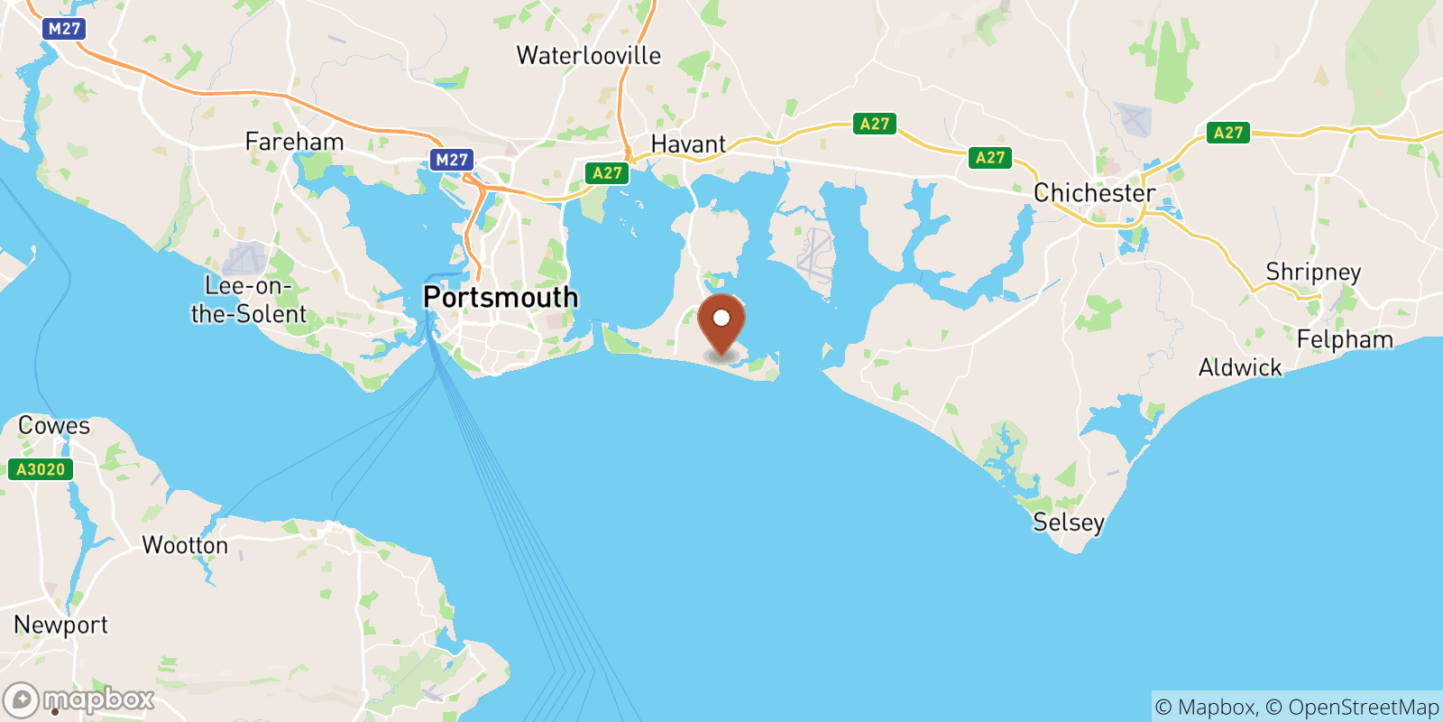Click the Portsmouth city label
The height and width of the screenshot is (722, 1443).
point(501,297)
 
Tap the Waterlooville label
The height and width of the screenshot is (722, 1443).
point(588,56)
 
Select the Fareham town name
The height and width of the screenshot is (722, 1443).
point(294,142)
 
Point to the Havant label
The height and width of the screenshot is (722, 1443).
point(688,144)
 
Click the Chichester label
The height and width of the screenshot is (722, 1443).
point(1094,193)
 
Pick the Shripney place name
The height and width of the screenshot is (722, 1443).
point(1313,272)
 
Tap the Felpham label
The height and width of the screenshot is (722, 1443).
point(1345,339)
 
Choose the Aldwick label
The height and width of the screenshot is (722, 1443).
point(1240,367)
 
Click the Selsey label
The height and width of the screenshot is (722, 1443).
point(1069,523)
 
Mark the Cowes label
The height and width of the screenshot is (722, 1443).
point(54,425)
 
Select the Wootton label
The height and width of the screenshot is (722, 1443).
point(185,545)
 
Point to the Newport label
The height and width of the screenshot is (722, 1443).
point(60,625)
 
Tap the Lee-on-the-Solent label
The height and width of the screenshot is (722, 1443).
point(248,300)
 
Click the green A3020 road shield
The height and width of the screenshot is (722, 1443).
point(41,469)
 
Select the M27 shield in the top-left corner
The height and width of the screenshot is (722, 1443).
point(64,29)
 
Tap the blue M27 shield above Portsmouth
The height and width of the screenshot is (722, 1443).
point(451,161)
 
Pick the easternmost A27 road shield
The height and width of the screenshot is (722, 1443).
point(1227,133)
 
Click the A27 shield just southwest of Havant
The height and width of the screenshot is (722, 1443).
point(607,173)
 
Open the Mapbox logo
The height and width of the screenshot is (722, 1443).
point(79,699)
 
